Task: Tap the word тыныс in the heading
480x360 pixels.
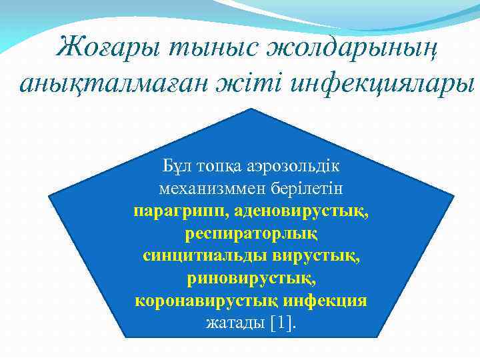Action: [204, 47]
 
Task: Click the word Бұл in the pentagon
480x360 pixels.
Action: [175, 165]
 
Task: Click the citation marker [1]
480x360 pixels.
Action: [283, 323]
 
